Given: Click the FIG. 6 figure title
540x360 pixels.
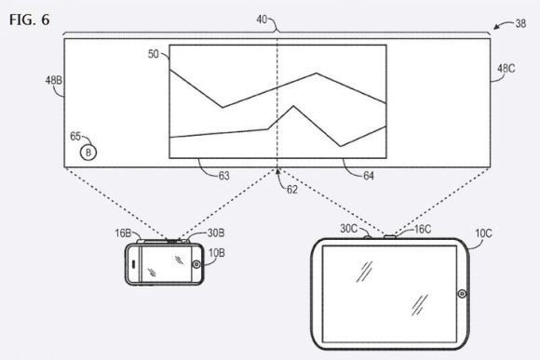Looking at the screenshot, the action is [x=29, y=20].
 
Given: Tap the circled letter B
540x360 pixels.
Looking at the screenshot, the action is [x=88, y=153].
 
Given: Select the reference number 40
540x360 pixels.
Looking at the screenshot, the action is [x=262, y=20].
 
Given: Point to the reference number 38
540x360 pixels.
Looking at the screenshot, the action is [x=520, y=23].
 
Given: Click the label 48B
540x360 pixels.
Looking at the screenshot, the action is [x=54, y=80].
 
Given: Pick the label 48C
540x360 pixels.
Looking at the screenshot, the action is [x=506, y=69].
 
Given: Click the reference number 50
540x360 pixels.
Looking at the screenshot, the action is [x=154, y=54].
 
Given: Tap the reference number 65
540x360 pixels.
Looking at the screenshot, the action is [x=75, y=137].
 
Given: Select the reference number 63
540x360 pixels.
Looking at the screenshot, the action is [x=223, y=176].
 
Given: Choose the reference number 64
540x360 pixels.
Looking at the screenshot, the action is [x=369, y=176].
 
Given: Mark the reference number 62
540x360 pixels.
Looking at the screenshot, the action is [x=292, y=190].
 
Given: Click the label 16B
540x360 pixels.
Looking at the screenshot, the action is [x=123, y=233].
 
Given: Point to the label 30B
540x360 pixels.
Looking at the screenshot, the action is [x=216, y=233].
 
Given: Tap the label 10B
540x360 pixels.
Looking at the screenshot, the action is [x=217, y=253].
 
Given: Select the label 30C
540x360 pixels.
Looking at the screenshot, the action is [x=349, y=229].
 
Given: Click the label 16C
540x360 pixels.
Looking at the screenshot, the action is [x=423, y=229].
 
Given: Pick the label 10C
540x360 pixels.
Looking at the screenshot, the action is [x=483, y=233].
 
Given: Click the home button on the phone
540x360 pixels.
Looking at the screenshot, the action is [x=196, y=264].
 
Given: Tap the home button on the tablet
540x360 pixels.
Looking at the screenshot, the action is [x=462, y=294].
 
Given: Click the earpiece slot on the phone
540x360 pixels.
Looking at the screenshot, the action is [x=134, y=264].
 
